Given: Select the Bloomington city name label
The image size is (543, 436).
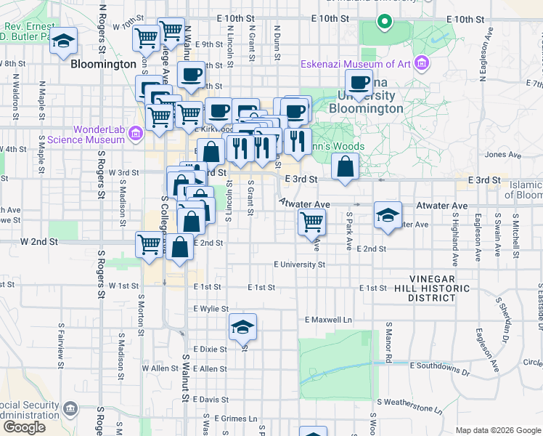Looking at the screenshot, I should [104, 64].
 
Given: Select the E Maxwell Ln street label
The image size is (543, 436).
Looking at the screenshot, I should [328, 320].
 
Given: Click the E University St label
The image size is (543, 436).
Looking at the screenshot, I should [299, 265].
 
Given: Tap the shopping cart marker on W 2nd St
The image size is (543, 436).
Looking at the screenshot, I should [150, 244].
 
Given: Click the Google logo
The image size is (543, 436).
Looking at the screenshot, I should [24, 428].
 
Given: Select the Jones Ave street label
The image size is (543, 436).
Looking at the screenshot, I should [498, 154].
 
